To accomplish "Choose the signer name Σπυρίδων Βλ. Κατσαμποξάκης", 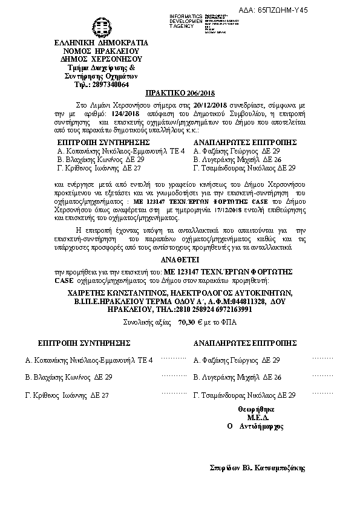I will tap(258, 468).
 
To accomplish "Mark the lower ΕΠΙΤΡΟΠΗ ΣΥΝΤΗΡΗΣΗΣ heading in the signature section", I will tap(85, 343).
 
